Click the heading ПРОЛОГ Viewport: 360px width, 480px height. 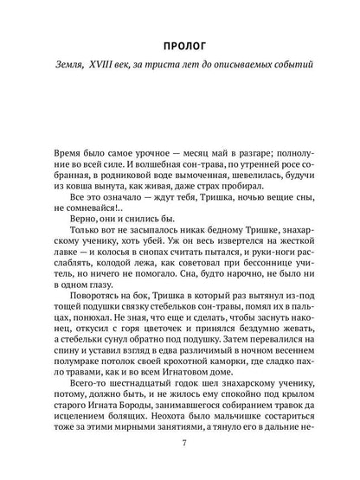tap(180, 43)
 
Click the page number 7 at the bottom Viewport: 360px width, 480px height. tap(180, 444)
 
